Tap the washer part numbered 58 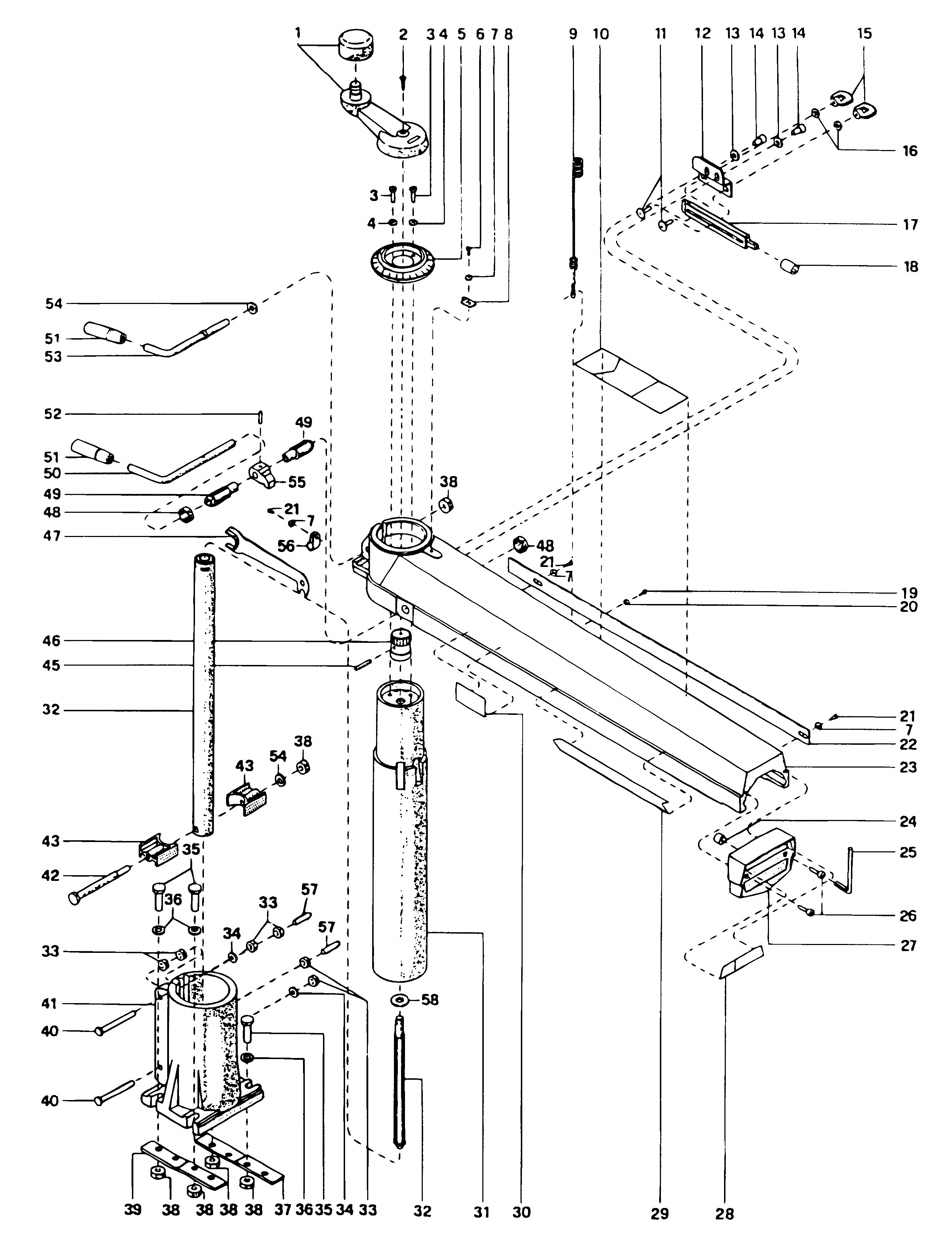tap(400, 1001)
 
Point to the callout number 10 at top tap(600, 34)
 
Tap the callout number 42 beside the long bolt tap(51, 876)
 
